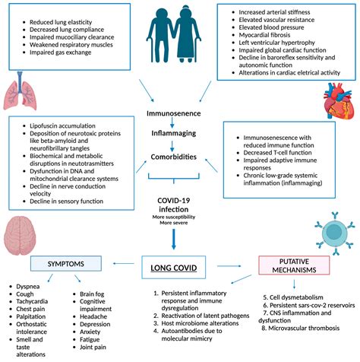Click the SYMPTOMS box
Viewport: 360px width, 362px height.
[65, 263]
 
